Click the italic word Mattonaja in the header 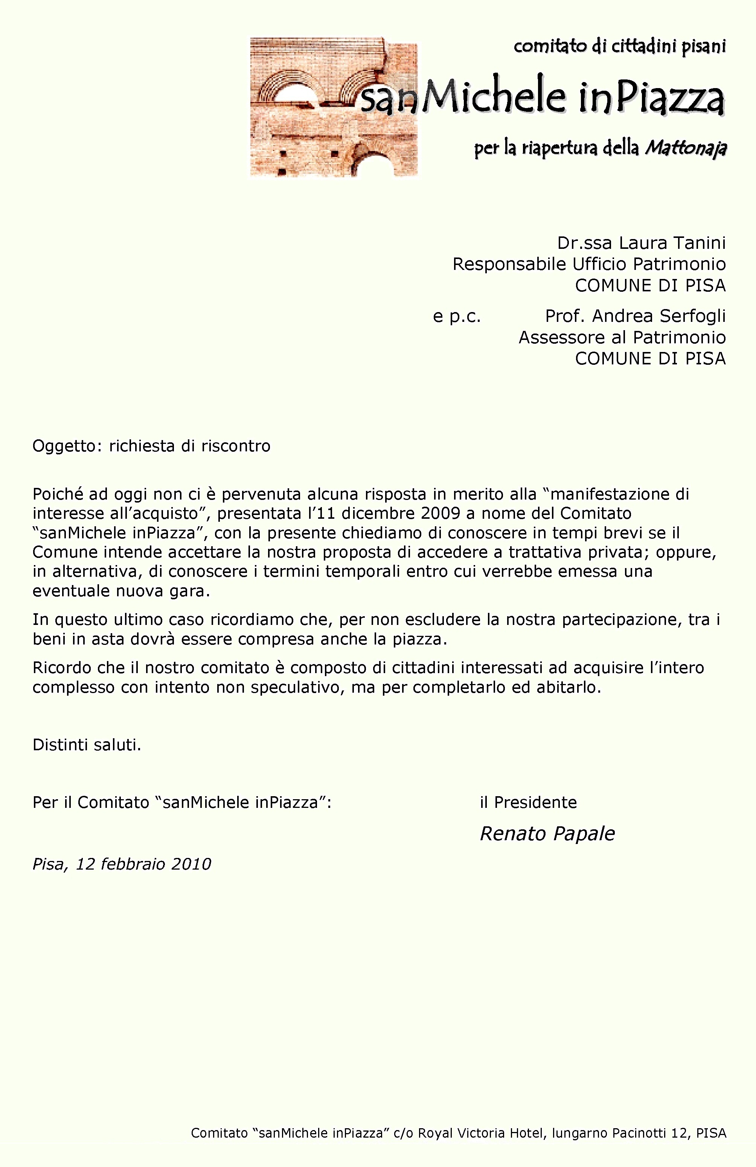[685, 147]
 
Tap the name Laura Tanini [672, 243]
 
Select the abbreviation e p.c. [456, 316]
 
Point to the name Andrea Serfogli [658, 316]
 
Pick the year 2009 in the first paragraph [440, 513]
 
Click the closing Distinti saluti [87, 745]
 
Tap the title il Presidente [528, 802]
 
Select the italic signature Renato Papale [547, 833]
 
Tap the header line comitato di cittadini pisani [620, 47]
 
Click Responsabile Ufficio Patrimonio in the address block [589, 264]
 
